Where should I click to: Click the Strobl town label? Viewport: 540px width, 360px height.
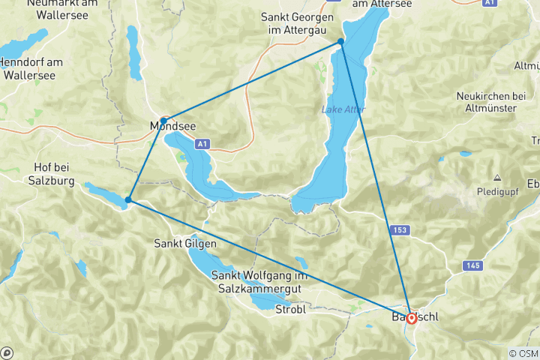coord(290,309)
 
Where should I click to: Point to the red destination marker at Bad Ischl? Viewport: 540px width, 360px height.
coord(411,318)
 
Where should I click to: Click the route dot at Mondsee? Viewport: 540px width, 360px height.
coord(163,121)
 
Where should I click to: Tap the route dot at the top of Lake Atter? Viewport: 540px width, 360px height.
coord(340,42)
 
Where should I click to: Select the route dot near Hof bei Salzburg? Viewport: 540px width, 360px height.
coord(129,199)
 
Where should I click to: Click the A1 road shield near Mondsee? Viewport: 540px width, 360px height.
coord(201,143)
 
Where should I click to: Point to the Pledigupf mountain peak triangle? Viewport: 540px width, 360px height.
coord(496,178)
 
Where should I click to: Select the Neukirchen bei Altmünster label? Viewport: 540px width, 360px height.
coord(496,102)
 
